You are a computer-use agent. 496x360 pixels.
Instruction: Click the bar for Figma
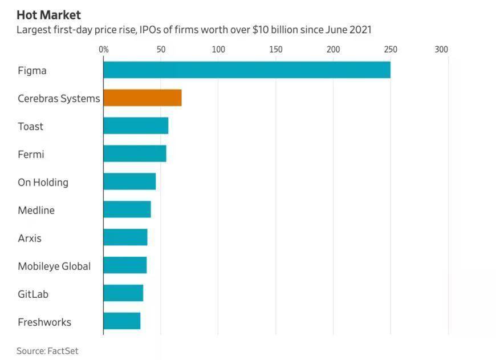coord(247,70)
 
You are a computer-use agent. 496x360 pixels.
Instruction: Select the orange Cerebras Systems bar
coord(143,98)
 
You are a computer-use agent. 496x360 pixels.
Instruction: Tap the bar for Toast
coord(136,126)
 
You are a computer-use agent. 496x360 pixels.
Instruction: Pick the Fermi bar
coord(135,153)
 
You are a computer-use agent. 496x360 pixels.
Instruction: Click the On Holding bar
coord(129,181)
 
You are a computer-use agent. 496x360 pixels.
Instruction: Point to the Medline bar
coord(127,209)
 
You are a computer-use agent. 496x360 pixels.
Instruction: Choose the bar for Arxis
coord(125,237)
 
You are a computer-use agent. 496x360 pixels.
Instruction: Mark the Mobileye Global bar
coord(125,265)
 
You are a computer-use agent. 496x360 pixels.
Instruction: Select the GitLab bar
coord(123,293)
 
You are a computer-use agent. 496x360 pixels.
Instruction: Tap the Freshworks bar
coord(122,321)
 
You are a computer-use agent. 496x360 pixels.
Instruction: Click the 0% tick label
coord(104,50)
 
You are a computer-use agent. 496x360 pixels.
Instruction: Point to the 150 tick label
coord(276,50)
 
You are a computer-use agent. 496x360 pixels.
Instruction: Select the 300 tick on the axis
coord(441,50)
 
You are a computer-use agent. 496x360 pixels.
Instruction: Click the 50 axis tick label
coord(161,50)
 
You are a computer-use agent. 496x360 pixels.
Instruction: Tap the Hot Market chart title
coord(48,15)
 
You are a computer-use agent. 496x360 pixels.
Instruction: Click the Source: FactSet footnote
coord(47,351)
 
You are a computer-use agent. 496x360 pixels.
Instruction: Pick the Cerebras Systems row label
coord(59,99)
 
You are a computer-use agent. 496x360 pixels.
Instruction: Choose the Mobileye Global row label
coord(54,266)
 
